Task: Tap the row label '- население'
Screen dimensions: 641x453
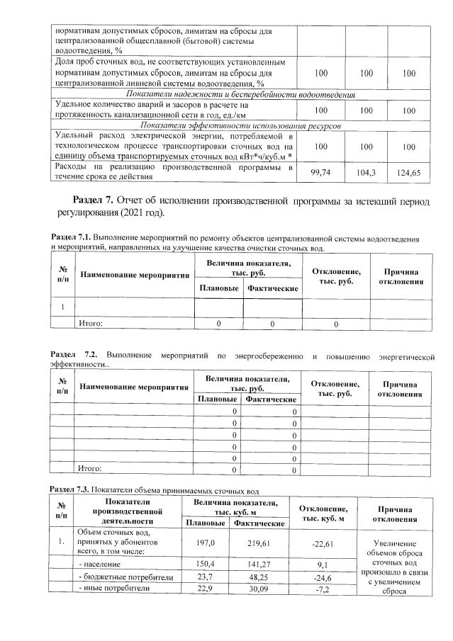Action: [x=100, y=565]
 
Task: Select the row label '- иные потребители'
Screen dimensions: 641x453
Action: [x=113, y=588]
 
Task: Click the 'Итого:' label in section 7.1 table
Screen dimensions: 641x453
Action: [x=90, y=324]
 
